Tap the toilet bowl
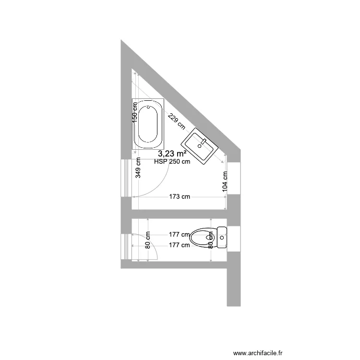202,237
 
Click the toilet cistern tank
221,237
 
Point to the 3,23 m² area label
172,154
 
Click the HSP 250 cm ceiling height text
172,162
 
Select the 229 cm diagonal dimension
176,121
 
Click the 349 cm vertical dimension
138,168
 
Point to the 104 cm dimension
225,181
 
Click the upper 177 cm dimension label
179,235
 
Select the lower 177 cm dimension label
179,245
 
